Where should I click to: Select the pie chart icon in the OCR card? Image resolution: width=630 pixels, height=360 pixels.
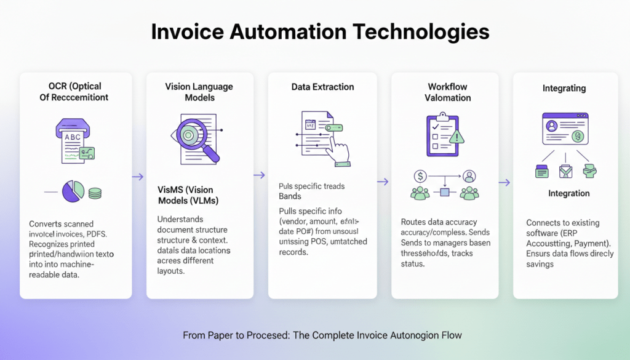[73, 191]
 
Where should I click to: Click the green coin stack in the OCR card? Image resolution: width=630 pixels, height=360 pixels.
[94, 193]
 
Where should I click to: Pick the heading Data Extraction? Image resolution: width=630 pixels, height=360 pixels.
[322, 87]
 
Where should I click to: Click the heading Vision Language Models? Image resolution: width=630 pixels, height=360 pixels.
[199, 92]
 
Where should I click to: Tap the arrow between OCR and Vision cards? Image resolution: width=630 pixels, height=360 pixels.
[138, 177]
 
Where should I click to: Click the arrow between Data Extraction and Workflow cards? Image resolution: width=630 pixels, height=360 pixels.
[383, 182]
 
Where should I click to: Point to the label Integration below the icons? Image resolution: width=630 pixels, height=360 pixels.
[568, 193]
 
